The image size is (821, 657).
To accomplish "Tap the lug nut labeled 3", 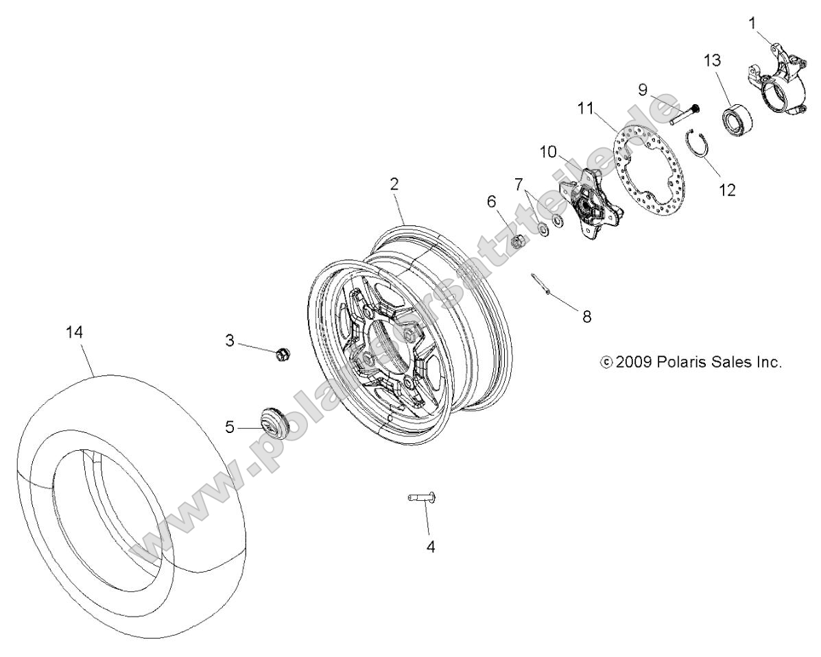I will [281, 354].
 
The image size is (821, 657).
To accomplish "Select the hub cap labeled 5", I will [273, 419].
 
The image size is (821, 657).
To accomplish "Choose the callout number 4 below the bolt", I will [430, 547].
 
